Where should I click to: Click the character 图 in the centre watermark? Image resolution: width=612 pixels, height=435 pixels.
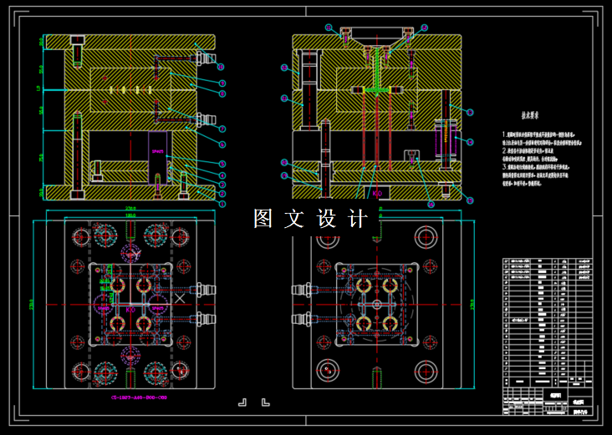coord(263,219)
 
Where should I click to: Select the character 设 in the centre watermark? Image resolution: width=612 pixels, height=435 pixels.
coord(326,219)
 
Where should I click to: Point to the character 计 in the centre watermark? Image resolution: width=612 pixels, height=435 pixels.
coord(357,219)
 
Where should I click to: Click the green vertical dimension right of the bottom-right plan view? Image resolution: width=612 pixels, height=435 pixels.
coord(473,303)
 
